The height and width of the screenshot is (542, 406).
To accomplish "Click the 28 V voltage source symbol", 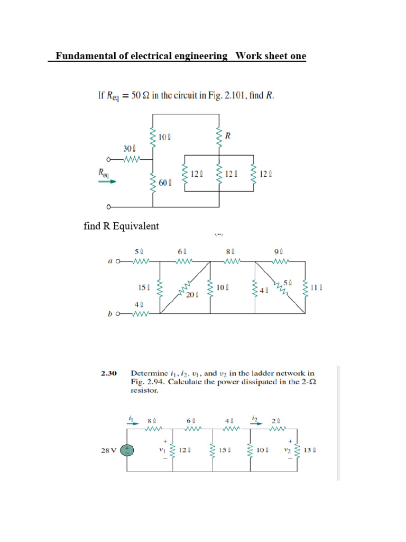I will point(127,450).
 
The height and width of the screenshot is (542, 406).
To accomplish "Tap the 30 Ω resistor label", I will point(130,149).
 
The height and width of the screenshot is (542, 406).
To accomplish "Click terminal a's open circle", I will point(118,261).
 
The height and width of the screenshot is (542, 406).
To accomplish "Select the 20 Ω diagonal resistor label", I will point(191,295).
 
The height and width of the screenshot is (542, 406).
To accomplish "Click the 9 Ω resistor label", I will point(279,252).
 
